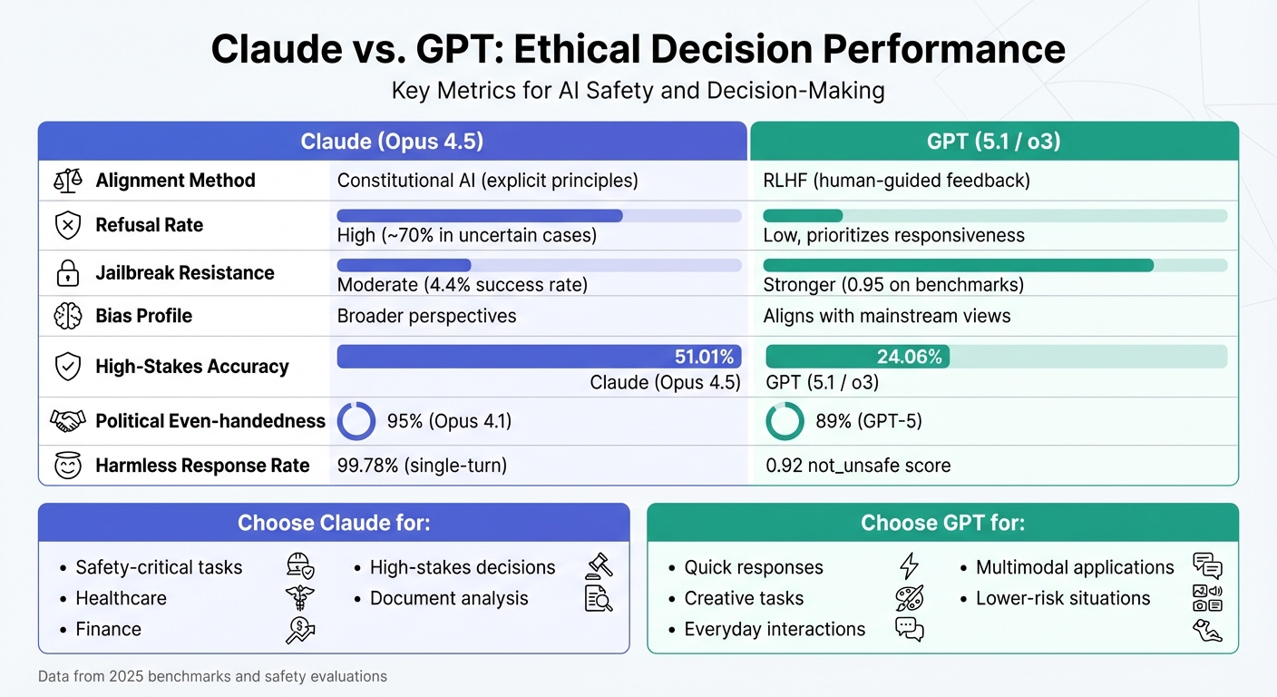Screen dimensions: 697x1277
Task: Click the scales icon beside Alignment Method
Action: (67, 180)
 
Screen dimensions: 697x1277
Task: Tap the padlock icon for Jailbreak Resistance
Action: (67, 272)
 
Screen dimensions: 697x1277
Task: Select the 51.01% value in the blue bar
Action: (704, 357)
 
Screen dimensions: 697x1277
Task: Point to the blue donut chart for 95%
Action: (356, 421)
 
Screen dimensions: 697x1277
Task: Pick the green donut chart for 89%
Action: (785, 421)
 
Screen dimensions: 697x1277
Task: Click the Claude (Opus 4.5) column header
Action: (391, 142)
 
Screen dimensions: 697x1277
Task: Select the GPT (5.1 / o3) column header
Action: (993, 142)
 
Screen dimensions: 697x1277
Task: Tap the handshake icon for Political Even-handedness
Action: (67, 421)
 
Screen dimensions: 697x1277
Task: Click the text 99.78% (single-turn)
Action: (422, 466)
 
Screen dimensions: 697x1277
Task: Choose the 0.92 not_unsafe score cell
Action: (858, 466)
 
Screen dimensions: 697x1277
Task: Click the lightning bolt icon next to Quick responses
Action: (908, 567)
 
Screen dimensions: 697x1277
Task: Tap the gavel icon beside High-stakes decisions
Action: (600, 566)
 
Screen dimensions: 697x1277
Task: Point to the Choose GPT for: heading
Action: (942, 523)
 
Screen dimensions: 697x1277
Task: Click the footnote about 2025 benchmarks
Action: (212, 676)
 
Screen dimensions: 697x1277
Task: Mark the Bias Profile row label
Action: (143, 316)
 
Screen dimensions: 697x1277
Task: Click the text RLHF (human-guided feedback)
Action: (896, 180)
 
